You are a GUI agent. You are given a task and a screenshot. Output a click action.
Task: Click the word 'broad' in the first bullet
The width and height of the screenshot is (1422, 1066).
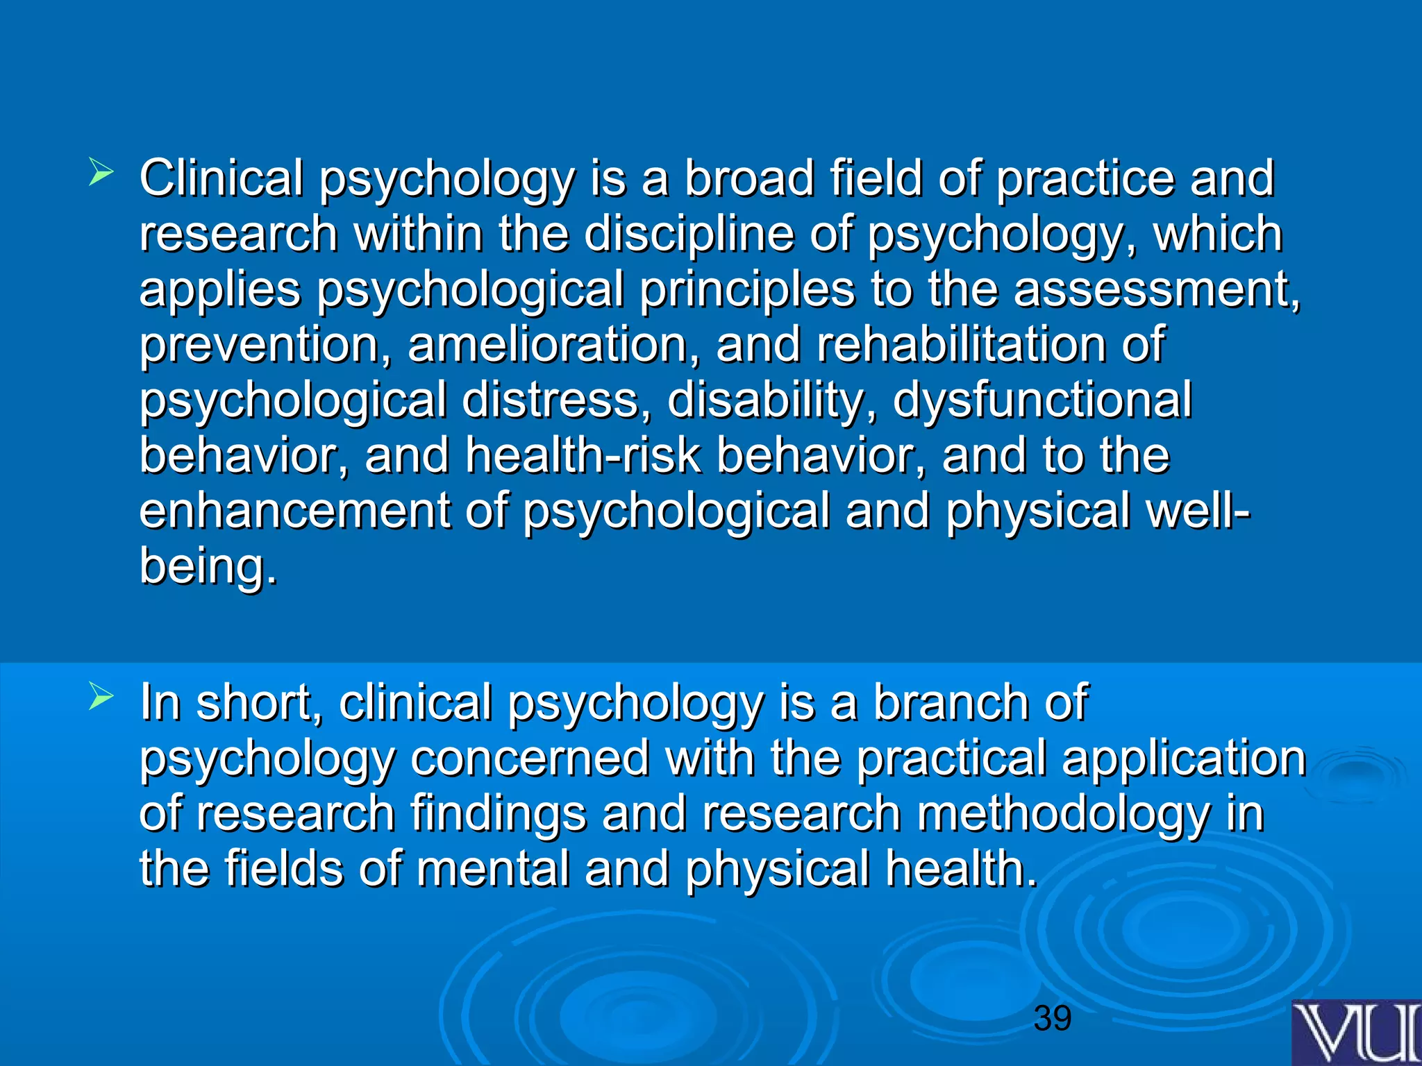pos(749,178)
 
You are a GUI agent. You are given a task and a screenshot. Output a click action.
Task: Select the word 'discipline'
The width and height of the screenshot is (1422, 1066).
pos(688,234)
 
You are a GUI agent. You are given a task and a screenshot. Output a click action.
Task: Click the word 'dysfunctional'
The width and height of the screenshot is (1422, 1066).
pos(1042,400)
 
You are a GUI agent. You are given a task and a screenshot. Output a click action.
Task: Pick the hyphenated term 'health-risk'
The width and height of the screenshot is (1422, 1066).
pos(583,456)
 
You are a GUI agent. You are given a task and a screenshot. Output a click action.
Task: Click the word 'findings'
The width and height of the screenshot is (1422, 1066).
pos(498,815)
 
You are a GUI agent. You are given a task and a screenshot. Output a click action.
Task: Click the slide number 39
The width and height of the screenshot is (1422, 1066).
pos(1053,1018)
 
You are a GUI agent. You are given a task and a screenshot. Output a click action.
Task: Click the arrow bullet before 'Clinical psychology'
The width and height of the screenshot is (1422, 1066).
pos(101,173)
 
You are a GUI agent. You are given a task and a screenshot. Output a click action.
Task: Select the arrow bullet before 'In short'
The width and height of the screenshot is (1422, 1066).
pos(101,697)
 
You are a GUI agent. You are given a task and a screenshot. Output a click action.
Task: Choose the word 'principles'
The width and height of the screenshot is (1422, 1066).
pos(747,289)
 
